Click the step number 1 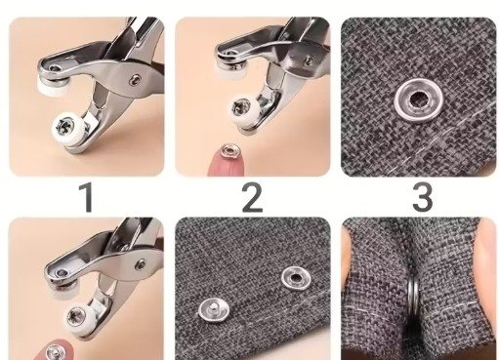[x=87, y=197]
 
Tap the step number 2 [x=252, y=197]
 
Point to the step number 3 [x=423, y=197]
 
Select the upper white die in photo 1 [x=51, y=87]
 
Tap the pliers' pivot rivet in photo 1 [x=135, y=79]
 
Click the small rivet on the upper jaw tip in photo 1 [x=55, y=68]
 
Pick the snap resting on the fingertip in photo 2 [x=229, y=150]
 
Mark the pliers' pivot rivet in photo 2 [x=309, y=60]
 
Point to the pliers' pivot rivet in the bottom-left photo [x=141, y=264]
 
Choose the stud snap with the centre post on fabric [x=214, y=308]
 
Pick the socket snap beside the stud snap [x=296, y=277]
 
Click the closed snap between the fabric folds [x=414, y=298]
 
